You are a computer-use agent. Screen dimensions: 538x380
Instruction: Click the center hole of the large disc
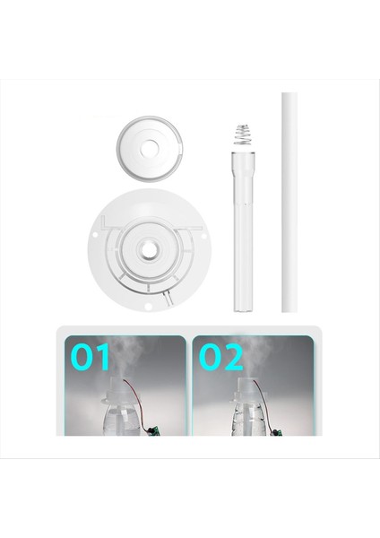(x=145, y=243)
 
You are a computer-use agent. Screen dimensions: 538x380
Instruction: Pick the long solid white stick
(x=289, y=202)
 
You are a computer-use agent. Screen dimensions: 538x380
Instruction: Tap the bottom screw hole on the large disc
(x=146, y=311)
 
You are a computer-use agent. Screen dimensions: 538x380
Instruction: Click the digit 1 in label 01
(x=104, y=358)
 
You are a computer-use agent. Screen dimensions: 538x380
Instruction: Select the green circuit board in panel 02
(x=264, y=429)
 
